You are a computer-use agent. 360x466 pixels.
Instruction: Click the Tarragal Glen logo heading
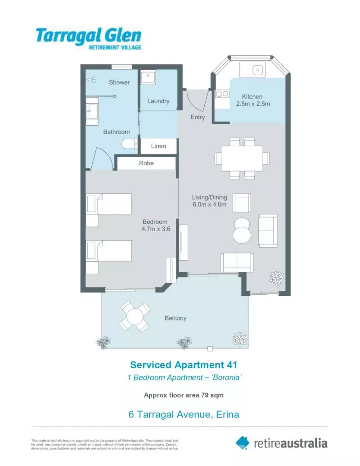click(x=89, y=35)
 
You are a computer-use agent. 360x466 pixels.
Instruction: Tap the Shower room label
click(x=119, y=82)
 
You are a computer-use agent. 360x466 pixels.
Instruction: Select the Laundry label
click(x=158, y=101)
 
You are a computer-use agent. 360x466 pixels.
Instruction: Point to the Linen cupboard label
click(x=158, y=146)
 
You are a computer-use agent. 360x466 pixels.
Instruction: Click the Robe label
click(x=146, y=163)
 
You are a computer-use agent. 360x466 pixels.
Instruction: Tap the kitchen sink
click(x=257, y=70)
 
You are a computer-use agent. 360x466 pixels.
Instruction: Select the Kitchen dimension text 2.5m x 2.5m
click(x=253, y=104)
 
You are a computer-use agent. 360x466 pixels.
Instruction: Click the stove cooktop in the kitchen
click(x=221, y=94)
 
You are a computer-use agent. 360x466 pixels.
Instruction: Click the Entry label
click(x=198, y=117)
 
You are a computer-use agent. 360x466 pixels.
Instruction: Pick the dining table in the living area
click(x=242, y=158)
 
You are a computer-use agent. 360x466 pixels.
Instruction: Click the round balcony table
click(x=135, y=317)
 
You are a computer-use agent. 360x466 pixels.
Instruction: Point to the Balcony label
click(x=175, y=318)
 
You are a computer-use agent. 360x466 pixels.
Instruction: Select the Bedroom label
click(x=155, y=222)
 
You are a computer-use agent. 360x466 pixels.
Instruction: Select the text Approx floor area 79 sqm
click(x=184, y=395)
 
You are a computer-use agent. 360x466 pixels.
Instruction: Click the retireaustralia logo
click(x=282, y=443)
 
